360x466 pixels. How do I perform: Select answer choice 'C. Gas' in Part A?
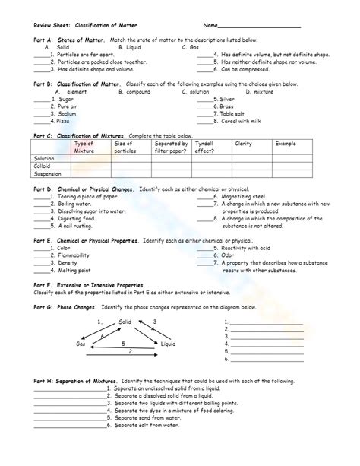tap(190, 47)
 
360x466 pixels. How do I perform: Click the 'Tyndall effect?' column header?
tap(204, 146)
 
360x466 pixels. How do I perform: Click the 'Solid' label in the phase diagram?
tap(125, 322)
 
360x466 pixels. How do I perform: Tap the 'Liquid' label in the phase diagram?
tap(169, 344)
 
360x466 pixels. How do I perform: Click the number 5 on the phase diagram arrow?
tap(124, 344)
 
